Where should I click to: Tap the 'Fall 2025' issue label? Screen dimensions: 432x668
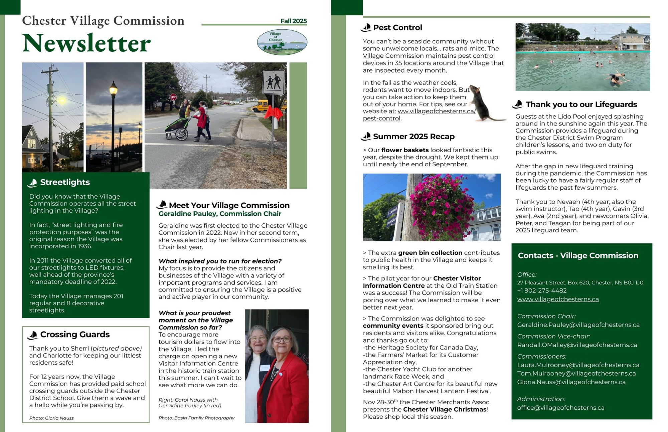[293, 21]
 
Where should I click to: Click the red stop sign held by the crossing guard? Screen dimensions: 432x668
[173, 97]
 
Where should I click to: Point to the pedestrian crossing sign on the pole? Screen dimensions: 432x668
[274, 82]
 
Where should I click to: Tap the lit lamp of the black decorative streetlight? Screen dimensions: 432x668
[113, 89]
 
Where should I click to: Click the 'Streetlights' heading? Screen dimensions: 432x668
[65, 182]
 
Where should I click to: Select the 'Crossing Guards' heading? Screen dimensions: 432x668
[75, 335]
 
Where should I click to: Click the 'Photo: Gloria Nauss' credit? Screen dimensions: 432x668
[51, 418]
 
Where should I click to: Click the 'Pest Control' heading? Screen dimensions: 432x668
[397, 28]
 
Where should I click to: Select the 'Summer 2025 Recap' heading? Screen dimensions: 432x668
[413, 137]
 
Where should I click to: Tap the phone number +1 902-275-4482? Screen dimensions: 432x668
[542, 291]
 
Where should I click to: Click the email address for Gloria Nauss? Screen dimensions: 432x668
[571, 382]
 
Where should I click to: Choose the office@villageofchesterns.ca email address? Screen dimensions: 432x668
[560, 408]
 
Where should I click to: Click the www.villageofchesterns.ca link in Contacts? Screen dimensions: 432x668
[558, 299]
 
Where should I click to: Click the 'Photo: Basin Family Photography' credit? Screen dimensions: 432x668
[196, 418]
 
